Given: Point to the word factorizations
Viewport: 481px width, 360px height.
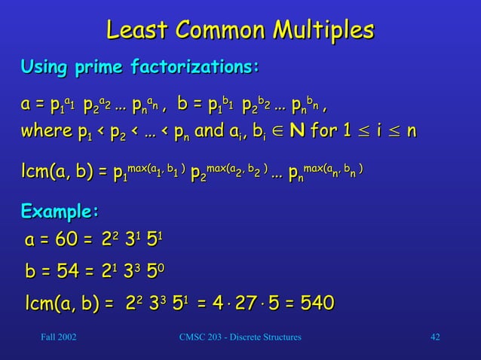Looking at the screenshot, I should tap(195, 69).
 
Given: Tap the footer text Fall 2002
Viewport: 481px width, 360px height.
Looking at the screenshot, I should tap(57, 336).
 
